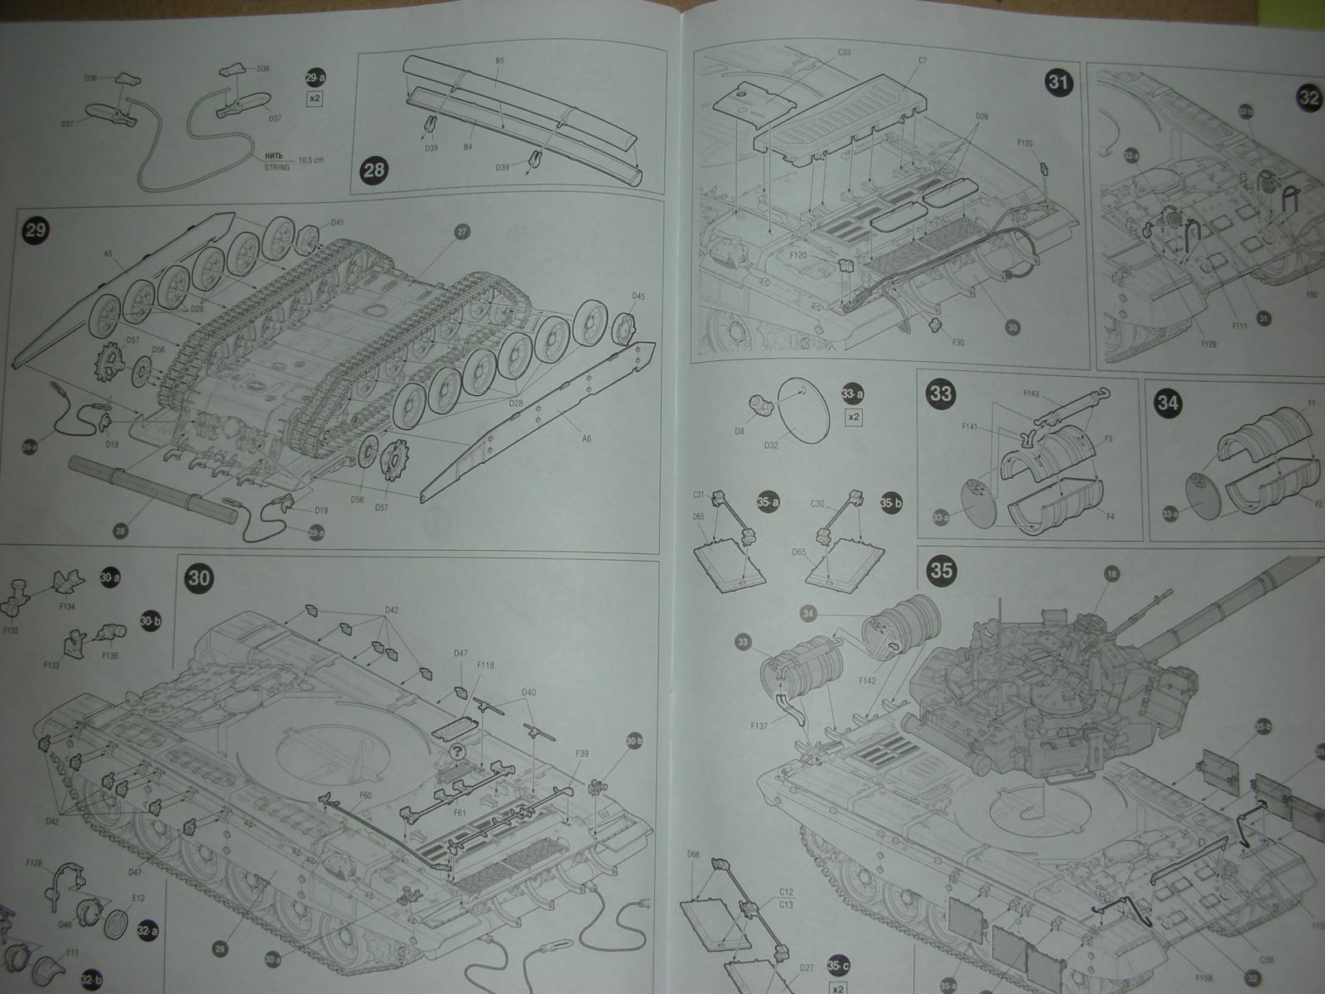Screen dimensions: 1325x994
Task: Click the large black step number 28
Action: point(373,171)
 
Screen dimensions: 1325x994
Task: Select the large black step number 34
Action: point(1169,403)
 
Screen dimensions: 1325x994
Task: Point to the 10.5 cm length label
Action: point(311,159)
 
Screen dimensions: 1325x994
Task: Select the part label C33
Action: point(844,52)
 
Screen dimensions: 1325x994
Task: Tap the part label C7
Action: point(922,60)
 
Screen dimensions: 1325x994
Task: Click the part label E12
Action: point(137,898)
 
